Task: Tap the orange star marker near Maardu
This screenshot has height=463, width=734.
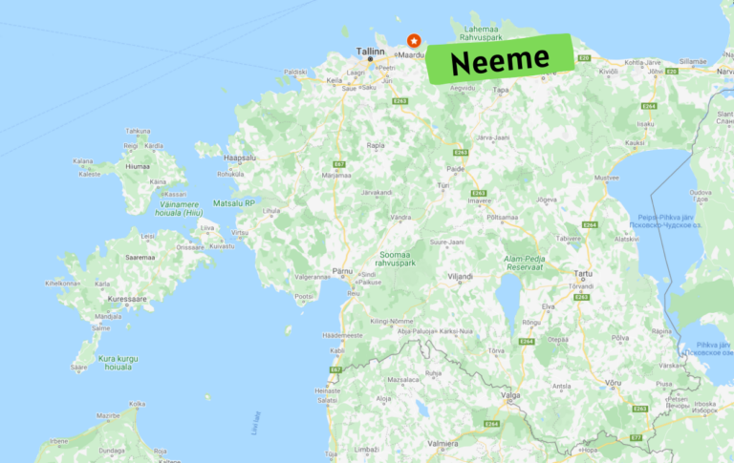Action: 414,41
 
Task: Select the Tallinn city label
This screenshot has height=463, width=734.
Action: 371,53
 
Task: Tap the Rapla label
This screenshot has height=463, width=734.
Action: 376,146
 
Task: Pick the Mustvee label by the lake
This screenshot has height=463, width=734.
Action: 607,177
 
